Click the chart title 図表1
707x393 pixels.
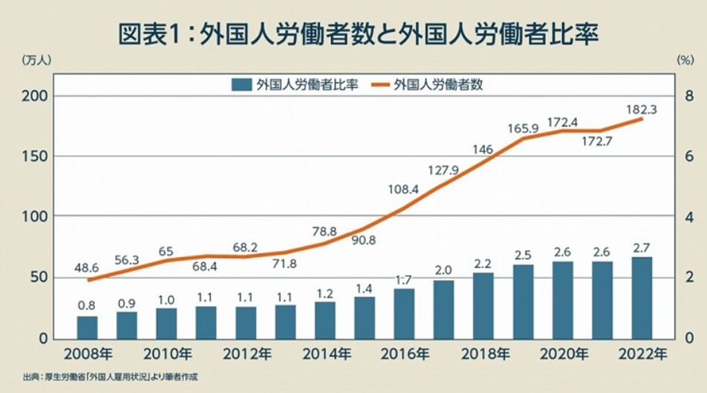point(353,33)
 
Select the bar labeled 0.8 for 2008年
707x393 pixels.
point(88,327)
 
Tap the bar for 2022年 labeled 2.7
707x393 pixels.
point(642,297)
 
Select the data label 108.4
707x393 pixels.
point(404,189)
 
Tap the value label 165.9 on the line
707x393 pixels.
point(523,129)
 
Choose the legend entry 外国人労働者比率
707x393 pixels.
point(297,85)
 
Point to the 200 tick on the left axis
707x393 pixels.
point(39,96)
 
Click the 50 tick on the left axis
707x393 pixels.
point(42,277)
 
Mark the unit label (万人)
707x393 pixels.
point(36,59)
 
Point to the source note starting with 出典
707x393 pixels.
point(111,377)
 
